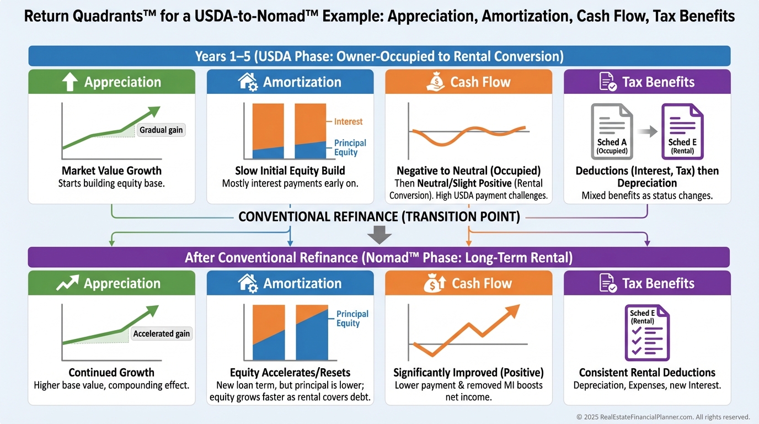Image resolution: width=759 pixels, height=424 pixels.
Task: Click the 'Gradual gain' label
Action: [x=161, y=130]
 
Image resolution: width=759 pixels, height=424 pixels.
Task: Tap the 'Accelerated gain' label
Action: [x=161, y=333]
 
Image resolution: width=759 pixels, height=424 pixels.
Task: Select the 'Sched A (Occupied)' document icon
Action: [x=612, y=132]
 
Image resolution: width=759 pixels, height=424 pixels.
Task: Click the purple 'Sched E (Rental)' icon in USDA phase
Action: [x=682, y=132]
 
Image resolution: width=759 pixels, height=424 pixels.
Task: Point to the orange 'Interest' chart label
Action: [x=348, y=121]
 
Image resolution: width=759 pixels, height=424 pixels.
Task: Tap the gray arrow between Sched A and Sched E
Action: [x=647, y=131]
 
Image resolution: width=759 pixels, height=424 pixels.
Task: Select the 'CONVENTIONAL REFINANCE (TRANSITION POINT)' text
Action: [x=379, y=216]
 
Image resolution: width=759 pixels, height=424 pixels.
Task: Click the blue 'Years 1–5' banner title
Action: [x=379, y=56]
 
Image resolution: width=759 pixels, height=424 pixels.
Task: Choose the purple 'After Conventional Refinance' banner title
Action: [x=379, y=257]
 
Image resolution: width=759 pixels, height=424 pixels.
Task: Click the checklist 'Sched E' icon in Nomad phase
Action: [x=647, y=332]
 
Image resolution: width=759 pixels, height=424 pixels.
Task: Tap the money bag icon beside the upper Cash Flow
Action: [x=436, y=82]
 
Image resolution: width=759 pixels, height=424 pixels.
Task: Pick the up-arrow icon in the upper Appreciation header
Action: [x=70, y=82]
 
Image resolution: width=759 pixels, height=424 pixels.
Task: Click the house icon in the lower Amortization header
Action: [x=248, y=283]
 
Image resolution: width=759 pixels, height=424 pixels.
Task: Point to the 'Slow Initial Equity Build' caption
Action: [x=290, y=171]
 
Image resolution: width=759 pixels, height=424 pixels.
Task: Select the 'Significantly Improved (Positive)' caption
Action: [x=468, y=372]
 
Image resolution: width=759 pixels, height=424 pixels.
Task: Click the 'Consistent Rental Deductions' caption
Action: [x=647, y=372]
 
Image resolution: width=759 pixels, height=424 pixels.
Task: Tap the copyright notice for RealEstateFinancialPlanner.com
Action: [x=663, y=417]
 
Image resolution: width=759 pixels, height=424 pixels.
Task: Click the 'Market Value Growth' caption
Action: [x=111, y=171]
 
